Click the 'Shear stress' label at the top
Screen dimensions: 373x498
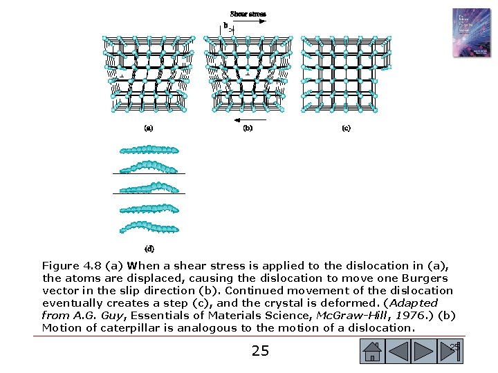pyautogui.click(x=248, y=14)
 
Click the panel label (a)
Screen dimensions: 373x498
pyautogui.click(x=149, y=128)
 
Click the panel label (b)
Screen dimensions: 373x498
pyautogui.click(x=248, y=128)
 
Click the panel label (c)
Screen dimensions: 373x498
pyautogui.click(x=346, y=128)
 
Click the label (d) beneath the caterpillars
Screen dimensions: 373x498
pyautogui.click(x=149, y=248)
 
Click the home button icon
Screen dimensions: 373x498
pyautogui.click(x=373, y=352)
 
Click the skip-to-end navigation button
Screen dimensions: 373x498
pyautogui.click(x=451, y=352)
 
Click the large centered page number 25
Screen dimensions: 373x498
pyautogui.click(x=260, y=352)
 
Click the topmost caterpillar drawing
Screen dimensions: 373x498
pyautogui.click(x=149, y=149)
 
